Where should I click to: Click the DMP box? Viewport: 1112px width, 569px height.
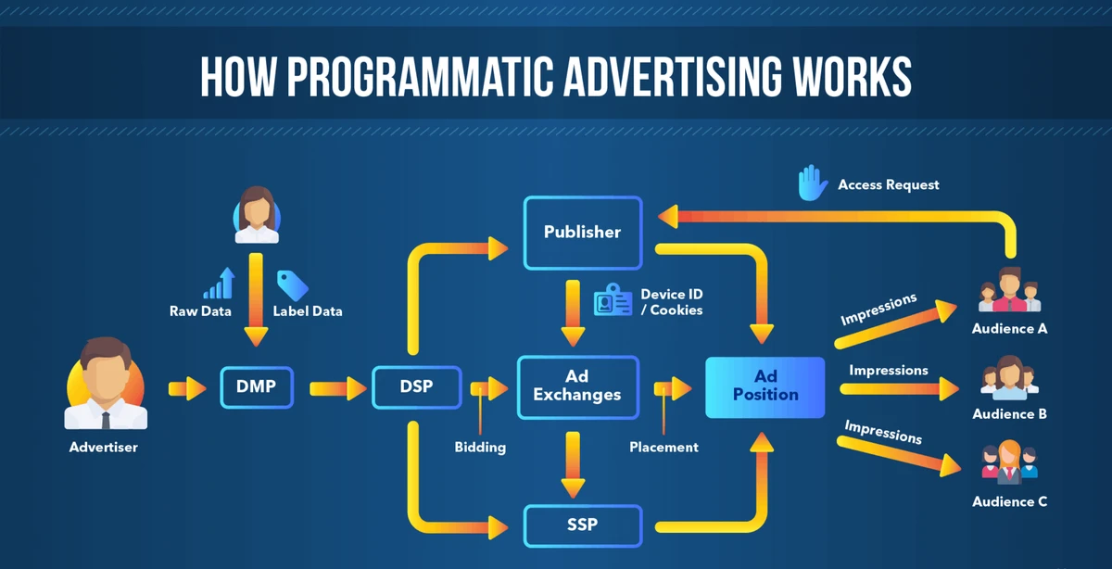257,386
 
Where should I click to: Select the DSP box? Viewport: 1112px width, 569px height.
416,386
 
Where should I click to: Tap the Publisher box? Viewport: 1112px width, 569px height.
582,232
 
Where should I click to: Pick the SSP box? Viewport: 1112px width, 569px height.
582,525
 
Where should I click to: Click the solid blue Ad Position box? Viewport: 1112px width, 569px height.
764,386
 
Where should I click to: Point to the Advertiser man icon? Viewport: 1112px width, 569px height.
104,385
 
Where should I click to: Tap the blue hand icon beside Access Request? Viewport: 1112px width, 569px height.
812,183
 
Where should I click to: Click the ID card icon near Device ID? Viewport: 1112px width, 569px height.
612,300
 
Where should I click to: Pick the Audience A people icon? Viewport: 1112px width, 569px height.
1009,290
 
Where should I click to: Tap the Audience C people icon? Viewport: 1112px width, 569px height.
1009,462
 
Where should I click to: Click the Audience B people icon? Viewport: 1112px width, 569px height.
1009,379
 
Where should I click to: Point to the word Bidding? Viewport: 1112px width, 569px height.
480,448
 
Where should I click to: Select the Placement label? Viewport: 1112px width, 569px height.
663,448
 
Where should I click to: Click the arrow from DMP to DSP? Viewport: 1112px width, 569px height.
338,387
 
